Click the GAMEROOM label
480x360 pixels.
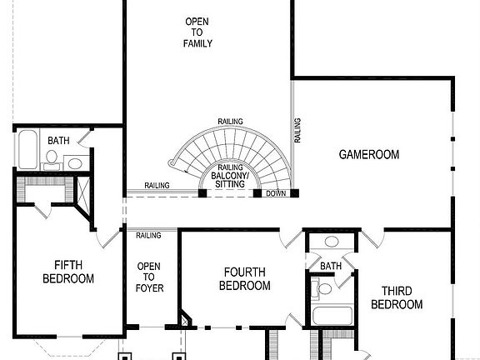(x=368, y=154)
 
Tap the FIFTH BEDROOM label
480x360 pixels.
(x=67, y=272)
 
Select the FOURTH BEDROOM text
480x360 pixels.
(x=244, y=278)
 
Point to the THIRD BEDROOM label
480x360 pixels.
(x=396, y=297)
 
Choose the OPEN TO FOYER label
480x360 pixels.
(x=149, y=277)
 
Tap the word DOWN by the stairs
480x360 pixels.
(x=276, y=193)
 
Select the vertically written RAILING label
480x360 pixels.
(x=297, y=132)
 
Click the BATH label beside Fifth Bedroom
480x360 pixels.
(x=58, y=141)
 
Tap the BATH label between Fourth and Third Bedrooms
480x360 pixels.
(x=331, y=267)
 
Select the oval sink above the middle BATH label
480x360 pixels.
(x=331, y=242)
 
